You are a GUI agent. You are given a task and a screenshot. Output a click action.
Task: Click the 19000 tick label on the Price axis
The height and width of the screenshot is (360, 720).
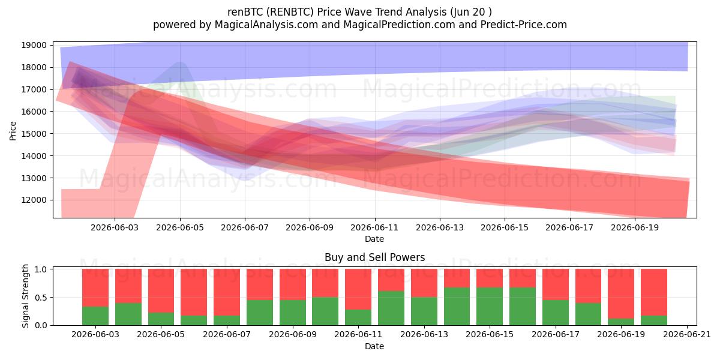[x=34, y=45]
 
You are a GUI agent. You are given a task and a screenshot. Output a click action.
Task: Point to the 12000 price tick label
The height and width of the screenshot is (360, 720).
[x=34, y=200]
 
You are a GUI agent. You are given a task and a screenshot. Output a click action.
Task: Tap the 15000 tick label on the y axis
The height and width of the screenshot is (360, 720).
[x=34, y=134]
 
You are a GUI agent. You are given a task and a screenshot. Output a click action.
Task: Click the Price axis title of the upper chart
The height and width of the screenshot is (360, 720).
[x=13, y=131]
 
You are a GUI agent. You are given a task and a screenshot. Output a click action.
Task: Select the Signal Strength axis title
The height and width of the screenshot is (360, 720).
[x=25, y=296]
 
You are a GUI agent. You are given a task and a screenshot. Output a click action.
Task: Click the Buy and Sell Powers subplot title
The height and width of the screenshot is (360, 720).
[x=375, y=257]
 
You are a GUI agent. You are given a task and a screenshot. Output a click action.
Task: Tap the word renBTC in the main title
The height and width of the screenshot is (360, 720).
[x=245, y=12]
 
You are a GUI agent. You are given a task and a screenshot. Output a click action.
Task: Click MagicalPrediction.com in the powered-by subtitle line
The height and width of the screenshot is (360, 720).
[x=399, y=25]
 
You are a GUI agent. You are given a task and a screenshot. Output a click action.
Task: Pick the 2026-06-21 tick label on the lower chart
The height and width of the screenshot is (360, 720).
[x=687, y=334]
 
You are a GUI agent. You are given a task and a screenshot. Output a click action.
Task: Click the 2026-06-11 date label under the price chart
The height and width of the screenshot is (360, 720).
[x=374, y=227]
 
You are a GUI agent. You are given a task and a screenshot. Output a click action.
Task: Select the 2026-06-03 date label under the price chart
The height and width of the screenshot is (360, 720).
[x=115, y=227]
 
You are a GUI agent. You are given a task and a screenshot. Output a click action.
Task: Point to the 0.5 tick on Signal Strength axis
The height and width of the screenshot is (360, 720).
[x=41, y=298]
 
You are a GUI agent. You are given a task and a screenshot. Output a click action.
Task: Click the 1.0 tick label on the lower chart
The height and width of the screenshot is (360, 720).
[x=41, y=269]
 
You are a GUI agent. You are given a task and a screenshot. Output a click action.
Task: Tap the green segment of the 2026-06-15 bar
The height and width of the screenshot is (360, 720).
[x=490, y=307]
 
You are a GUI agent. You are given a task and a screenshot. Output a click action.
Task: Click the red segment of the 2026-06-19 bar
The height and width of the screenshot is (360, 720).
[x=621, y=294]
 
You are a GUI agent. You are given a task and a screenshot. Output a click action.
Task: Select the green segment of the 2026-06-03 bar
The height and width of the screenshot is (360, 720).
[x=95, y=316]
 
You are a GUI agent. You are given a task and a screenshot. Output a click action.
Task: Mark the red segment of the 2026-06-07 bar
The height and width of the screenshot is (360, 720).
[x=227, y=292]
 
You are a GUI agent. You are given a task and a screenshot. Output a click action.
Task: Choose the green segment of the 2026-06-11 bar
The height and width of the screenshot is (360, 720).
[x=358, y=317]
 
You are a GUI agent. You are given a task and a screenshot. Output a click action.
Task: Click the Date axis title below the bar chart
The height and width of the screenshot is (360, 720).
[x=374, y=346]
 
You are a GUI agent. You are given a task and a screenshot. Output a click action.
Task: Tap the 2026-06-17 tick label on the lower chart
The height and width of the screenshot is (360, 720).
[x=556, y=334]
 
